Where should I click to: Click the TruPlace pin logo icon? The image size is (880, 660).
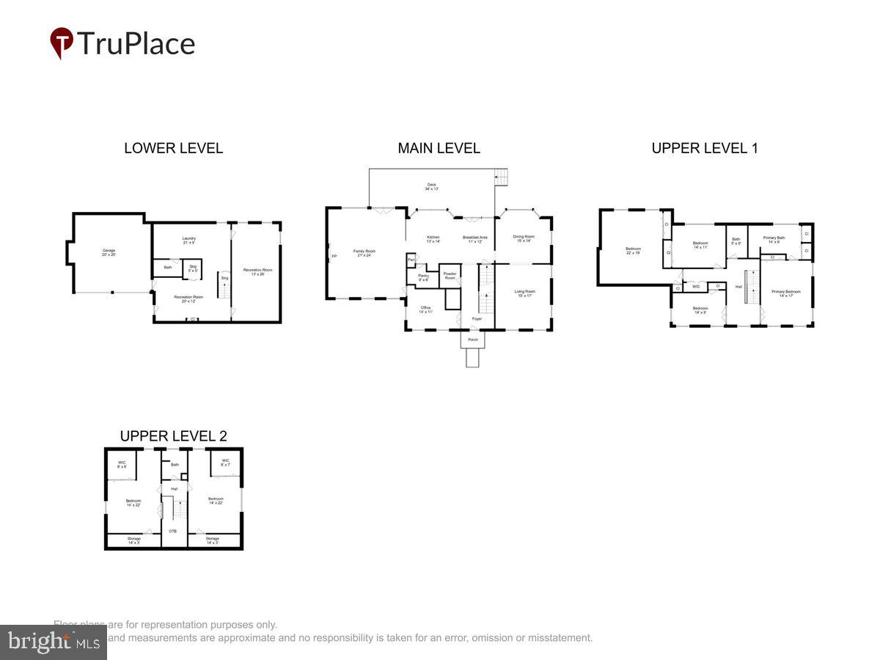tap(62, 43)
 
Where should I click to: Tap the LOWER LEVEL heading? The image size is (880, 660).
tap(173, 148)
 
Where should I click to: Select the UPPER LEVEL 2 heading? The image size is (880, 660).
tap(173, 436)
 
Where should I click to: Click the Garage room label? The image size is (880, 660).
tap(109, 251)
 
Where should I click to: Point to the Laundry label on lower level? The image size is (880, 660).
tap(188, 238)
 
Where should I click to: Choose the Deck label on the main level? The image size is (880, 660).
tap(431, 185)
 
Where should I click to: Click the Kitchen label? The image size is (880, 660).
tap(433, 238)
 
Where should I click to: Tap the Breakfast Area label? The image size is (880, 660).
tap(473, 238)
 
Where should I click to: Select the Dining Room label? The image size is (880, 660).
tap(524, 237)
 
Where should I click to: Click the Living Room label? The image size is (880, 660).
tap(525, 292)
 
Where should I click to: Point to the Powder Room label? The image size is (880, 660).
tap(450, 276)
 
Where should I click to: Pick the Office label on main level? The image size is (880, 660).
tap(425, 308)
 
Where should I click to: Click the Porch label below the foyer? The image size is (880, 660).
tap(472, 340)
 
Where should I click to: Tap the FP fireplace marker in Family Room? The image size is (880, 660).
tap(334, 256)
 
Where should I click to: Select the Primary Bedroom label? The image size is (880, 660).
tap(785, 292)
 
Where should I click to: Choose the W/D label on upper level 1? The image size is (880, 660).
tap(696, 286)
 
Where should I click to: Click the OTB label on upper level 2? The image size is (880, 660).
tap(173, 531)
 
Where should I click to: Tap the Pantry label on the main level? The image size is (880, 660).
tap(423, 276)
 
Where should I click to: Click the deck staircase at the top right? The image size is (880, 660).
tap(502, 177)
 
